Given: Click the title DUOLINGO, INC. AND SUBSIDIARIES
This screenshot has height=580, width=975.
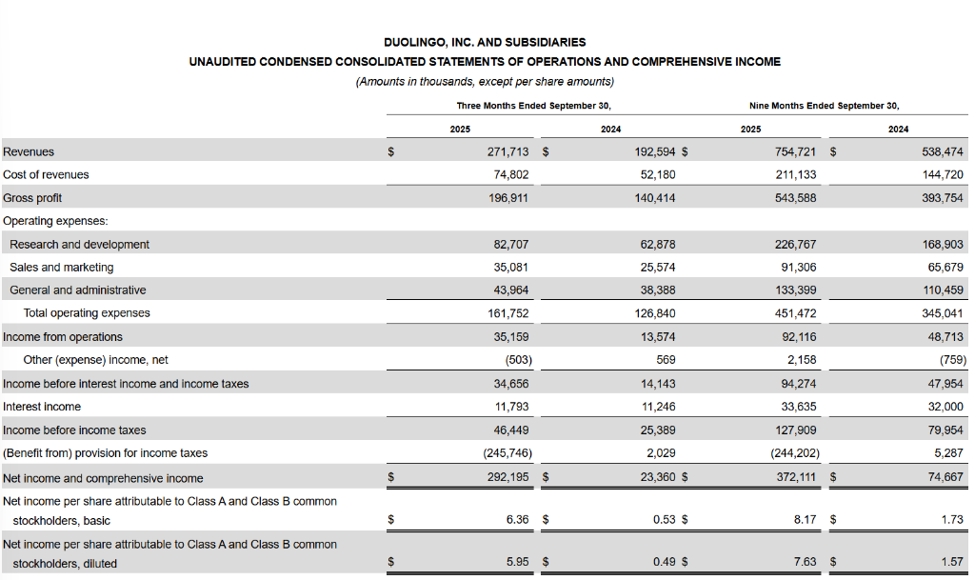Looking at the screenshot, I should (x=485, y=42).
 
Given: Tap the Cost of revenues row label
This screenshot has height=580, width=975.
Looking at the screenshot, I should (x=46, y=174).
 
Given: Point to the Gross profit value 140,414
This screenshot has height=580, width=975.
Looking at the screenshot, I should (x=656, y=198).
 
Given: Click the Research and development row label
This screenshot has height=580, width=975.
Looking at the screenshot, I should (x=79, y=245).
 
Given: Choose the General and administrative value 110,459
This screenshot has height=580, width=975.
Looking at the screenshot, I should (x=943, y=290).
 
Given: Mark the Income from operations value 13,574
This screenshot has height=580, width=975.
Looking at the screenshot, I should (x=656, y=337).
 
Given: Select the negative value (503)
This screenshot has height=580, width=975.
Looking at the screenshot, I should (x=515, y=360).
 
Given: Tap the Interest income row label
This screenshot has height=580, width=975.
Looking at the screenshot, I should (x=42, y=407).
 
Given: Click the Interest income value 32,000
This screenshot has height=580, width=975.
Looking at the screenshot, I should (x=945, y=407).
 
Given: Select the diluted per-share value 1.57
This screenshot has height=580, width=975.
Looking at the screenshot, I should (x=952, y=563).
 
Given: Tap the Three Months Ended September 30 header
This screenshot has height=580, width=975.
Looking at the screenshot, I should (x=533, y=106).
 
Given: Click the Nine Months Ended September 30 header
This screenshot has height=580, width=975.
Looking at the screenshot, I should (x=824, y=106).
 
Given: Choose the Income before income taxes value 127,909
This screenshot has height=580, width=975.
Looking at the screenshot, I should (x=795, y=430).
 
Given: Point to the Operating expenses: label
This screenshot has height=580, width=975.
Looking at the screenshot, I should (x=55, y=221).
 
